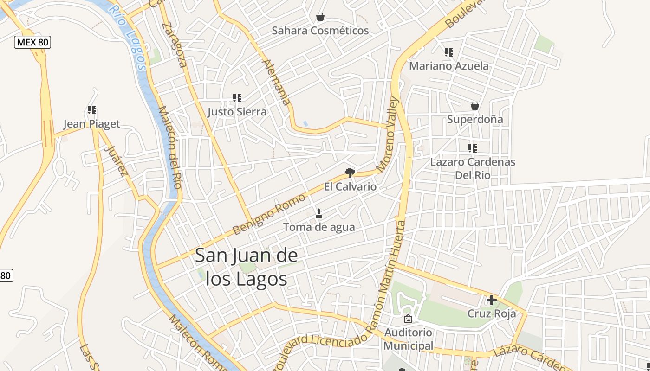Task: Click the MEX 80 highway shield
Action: pos(32,42)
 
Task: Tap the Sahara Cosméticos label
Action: pos(320,31)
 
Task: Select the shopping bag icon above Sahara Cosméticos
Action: pos(320,17)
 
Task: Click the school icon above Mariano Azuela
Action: pos(448,52)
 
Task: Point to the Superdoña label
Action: pos(474,119)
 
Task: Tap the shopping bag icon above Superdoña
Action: pos(474,106)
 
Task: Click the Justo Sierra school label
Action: pos(237,112)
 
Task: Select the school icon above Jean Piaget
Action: pos(92,110)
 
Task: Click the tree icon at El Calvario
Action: pos(350,173)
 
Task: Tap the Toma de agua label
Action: pos(319,227)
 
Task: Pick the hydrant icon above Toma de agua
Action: pos(319,214)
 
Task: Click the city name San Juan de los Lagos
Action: pos(246,267)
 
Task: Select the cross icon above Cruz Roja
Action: pos(491,300)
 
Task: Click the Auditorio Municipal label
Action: pos(408,339)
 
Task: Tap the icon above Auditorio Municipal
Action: pos(408,319)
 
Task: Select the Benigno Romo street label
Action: pos(269,214)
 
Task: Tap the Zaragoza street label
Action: pos(175,45)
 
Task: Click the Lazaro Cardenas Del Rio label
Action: pos(473,168)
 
